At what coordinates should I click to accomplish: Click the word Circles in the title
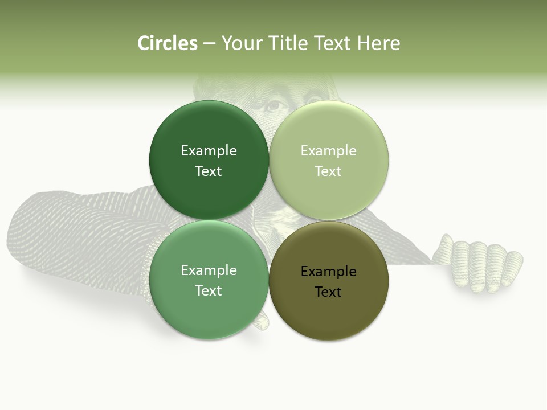(x=168, y=43)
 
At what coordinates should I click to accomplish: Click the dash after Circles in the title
(x=209, y=44)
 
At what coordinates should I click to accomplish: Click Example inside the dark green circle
(x=209, y=151)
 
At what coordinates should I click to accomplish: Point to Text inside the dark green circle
(x=209, y=171)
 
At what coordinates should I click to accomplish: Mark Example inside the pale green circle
(x=328, y=151)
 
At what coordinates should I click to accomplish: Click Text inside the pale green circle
(x=328, y=171)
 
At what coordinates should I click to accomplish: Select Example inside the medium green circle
(x=209, y=270)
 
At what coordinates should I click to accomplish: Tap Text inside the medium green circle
(x=209, y=291)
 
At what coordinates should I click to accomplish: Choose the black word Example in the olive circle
(x=328, y=272)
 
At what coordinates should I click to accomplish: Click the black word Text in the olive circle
(x=328, y=292)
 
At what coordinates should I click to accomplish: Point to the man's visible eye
(x=275, y=105)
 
